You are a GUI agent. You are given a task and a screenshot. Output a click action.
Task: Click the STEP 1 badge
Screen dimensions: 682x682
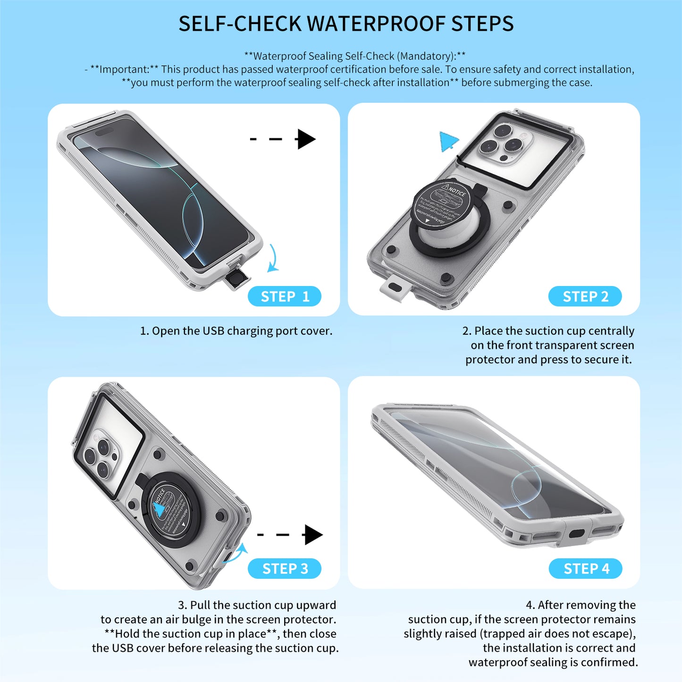coord(285,296)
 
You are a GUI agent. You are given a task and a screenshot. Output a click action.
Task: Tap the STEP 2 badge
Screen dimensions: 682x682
coord(585,296)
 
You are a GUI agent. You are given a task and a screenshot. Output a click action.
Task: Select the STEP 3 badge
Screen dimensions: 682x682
coord(285,569)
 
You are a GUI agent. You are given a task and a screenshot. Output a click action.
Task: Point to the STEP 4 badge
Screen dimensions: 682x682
coord(586,569)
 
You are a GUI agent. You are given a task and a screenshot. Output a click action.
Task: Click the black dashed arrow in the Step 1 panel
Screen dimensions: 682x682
coord(283,139)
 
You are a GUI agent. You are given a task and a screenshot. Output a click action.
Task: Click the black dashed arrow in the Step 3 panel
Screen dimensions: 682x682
coord(290,535)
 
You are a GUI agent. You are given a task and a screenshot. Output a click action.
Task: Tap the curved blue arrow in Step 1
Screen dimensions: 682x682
coord(273,259)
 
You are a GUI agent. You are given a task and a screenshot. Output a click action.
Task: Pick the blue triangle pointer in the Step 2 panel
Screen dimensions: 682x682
coord(448,141)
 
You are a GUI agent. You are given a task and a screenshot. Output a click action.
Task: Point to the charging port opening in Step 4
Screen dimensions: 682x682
coord(577,534)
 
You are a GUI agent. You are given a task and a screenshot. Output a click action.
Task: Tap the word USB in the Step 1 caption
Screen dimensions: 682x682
coord(213,331)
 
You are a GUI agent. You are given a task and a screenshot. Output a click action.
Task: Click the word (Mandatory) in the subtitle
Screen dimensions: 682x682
coord(426,56)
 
